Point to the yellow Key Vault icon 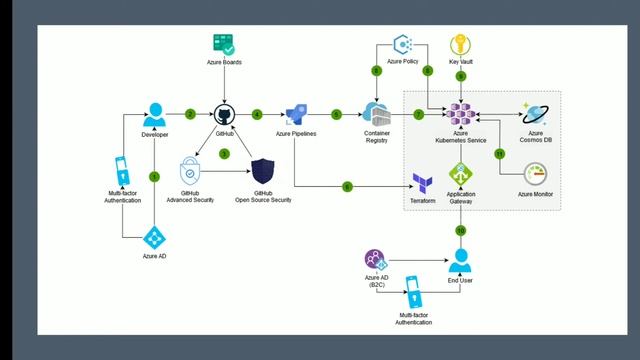click(x=461, y=44)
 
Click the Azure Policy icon click(x=403, y=44)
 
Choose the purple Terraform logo click(x=422, y=182)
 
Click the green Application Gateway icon click(x=461, y=177)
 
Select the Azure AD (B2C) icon click(x=375, y=259)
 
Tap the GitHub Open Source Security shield click(x=263, y=170)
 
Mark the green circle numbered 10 click(x=461, y=230)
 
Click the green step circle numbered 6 click(x=347, y=186)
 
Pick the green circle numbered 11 click(x=499, y=153)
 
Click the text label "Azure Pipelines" click(x=296, y=134)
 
